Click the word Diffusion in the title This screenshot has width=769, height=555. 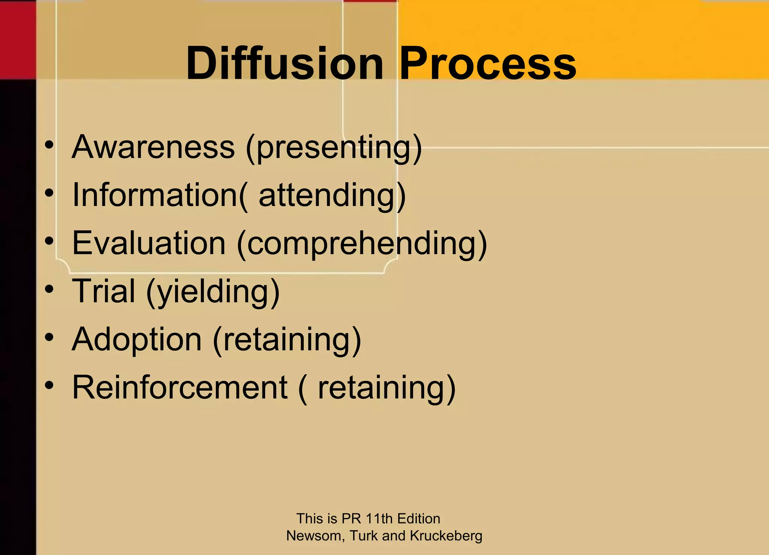pos(284,63)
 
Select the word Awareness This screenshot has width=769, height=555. pos(153,147)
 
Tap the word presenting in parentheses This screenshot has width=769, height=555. pos(334,148)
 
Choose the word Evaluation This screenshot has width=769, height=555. pos(149,243)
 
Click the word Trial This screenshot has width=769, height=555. pos(104,291)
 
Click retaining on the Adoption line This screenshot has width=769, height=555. pos(287,340)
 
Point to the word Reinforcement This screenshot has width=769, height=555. pos(179,388)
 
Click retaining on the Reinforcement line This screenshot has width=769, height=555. pos(383,389)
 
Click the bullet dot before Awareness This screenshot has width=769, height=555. pos(49,145)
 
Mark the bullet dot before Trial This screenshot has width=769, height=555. pos(49,289)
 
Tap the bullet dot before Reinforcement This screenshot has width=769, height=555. pos(49,385)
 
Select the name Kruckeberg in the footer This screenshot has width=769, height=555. pos(446,536)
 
